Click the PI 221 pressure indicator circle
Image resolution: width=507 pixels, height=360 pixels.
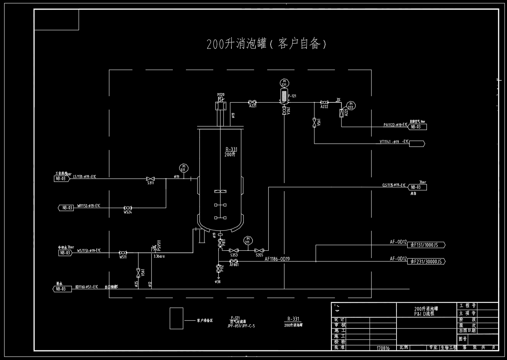click(x=284, y=83)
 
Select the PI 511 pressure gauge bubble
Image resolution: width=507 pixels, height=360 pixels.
click(x=183, y=168)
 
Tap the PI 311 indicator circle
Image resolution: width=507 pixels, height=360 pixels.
click(x=248, y=240)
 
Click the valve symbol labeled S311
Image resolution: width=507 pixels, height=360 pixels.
click(x=150, y=178)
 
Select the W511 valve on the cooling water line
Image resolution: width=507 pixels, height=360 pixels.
click(x=123, y=253)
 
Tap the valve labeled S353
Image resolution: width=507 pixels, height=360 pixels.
click(x=233, y=250)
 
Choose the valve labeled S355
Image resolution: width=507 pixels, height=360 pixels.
click(x=259, y=250)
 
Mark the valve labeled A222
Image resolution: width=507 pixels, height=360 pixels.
click(x=324, y=102)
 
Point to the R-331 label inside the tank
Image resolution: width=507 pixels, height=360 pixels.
click(x=232, y=150)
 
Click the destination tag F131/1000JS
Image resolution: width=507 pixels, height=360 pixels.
click(x=426, y=245)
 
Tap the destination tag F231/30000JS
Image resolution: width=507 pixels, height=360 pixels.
click(x=427, y=262)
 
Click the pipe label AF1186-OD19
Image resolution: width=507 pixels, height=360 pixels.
click(x=277, y=259)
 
